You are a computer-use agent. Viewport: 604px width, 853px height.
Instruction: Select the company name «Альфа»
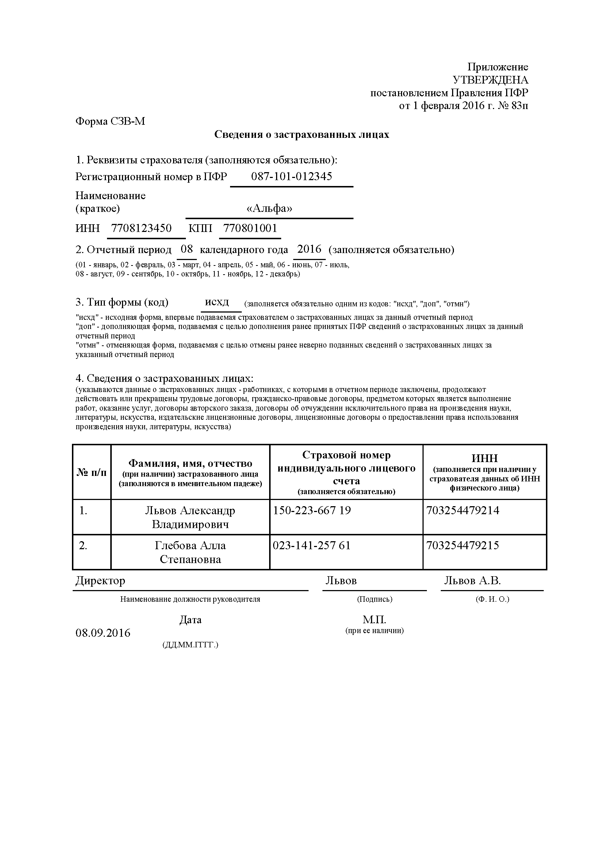pos(269,209)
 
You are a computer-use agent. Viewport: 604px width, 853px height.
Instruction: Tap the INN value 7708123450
pos(141,228)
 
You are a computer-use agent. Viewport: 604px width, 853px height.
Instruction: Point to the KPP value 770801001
pos(250,228)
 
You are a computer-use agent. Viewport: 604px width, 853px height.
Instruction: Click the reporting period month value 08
pos(187,249)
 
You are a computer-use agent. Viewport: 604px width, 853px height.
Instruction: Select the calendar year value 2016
pos(309,249)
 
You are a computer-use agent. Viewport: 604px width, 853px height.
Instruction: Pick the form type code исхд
pos(217,302)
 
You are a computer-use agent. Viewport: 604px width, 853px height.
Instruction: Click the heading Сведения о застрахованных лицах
pos(302,135)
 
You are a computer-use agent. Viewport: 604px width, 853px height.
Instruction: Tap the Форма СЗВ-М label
pos(110,121)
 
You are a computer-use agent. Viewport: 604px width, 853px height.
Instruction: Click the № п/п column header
pos(92,472)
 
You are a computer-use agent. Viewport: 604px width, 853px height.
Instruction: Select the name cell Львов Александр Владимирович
pos(190,517)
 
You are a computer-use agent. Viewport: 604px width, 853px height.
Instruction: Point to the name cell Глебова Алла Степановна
pos(190,552)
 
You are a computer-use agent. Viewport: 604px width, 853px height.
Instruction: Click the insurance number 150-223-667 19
pos(312,510)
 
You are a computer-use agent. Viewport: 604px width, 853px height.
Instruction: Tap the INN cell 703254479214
pos(463,510)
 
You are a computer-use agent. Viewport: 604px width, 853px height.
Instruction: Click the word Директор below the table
pos(100,581)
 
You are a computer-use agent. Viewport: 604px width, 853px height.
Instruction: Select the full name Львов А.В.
pos(472,581)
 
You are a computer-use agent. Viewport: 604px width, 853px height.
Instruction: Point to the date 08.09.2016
pos(103,633)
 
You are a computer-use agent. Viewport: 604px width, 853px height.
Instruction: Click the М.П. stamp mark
pos(375,619)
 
